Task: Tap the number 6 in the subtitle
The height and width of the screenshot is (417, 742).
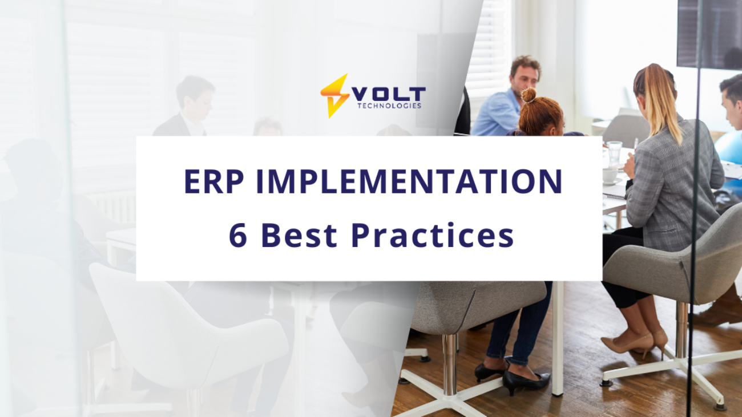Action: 238,235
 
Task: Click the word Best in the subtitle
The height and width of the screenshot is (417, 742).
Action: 299,235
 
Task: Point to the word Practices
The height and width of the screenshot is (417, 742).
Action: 433,235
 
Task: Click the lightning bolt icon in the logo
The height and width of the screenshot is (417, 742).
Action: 334,96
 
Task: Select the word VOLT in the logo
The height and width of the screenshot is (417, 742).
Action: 388,94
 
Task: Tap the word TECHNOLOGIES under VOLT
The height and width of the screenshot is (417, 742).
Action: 389,106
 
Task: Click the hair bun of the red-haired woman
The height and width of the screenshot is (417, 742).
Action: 528,95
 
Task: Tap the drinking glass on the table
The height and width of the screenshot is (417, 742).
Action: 615,152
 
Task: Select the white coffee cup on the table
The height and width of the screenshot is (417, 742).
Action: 610,175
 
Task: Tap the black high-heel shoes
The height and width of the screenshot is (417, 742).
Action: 512,376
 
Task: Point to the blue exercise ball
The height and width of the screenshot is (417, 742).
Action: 729,147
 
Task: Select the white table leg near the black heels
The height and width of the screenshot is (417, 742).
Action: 558,338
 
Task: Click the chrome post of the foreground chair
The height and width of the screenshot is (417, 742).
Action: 450,365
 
